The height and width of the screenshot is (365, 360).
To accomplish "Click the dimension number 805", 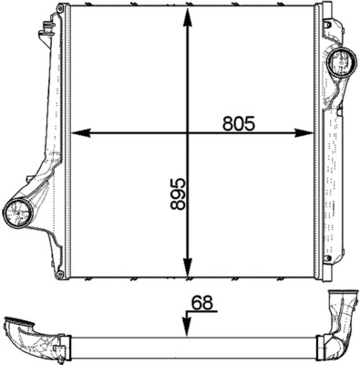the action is coord(239,124).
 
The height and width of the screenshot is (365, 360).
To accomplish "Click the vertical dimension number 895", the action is coord(178,193).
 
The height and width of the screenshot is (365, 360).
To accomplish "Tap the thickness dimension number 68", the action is coord(202,303).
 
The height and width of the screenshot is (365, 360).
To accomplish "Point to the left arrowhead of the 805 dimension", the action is coord(80,133).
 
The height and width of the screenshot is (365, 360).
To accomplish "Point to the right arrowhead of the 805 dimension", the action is coord(303,133).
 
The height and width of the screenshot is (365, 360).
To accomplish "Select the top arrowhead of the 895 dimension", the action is coord(188,18).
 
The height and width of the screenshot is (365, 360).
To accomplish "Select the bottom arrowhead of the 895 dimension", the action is coord(188,267).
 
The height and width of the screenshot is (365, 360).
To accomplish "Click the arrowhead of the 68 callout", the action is coord(186,328).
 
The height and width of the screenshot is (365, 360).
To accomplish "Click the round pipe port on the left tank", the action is coord(18,213).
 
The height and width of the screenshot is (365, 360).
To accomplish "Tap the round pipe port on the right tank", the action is coord(343,62).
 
